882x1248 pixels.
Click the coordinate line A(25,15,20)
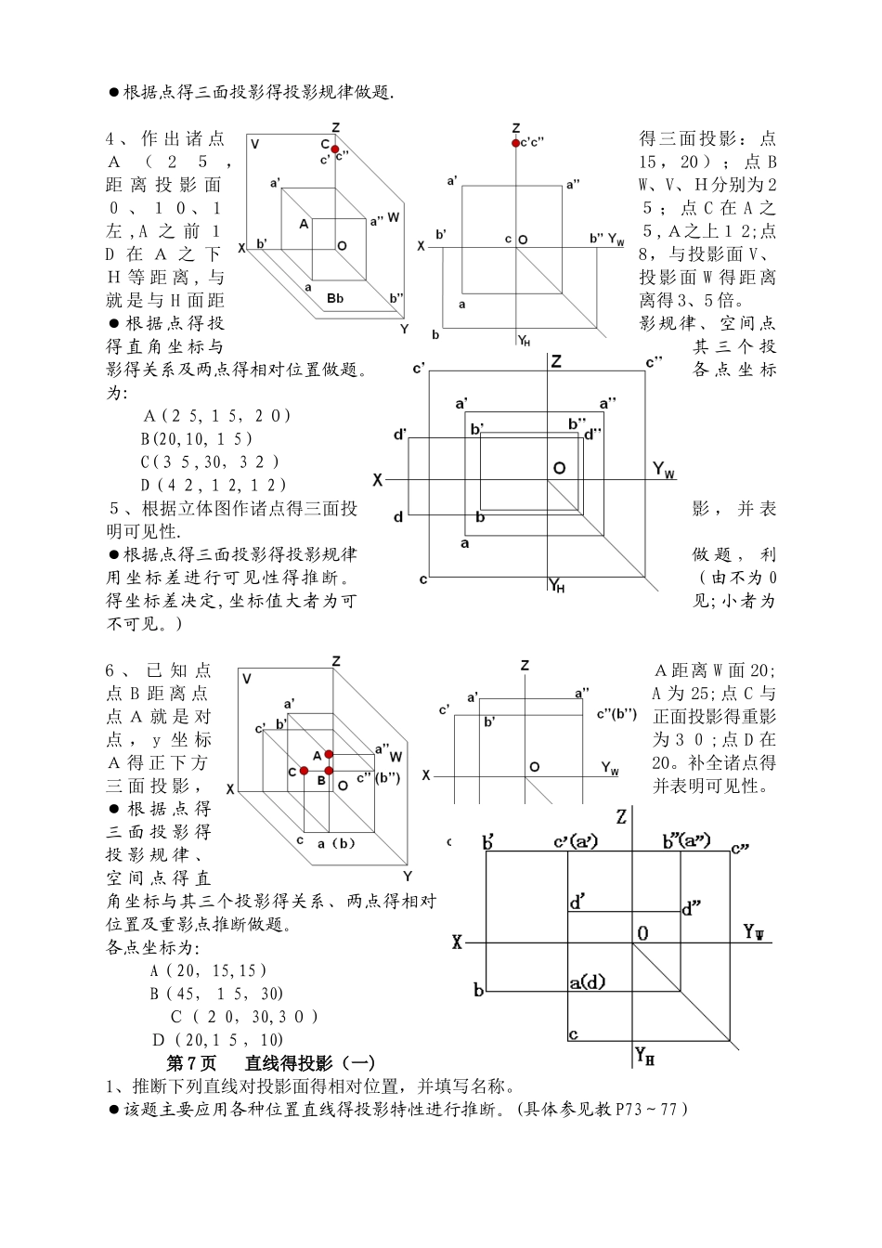(217, 416)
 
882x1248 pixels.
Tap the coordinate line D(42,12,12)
(214, 485)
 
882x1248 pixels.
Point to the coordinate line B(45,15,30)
(217, 994)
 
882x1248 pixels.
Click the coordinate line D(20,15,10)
(218, 1040)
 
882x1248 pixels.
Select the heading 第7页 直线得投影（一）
(269, 1063)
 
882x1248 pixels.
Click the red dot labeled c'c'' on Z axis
(515, 142)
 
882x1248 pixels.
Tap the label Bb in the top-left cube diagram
(335, 298)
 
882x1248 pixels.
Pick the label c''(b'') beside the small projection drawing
(616, 713)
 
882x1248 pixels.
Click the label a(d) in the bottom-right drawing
(587, 981)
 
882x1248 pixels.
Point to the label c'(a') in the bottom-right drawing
(576, 842)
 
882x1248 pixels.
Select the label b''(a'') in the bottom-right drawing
(686, 841)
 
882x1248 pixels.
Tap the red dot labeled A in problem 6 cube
(329, 755)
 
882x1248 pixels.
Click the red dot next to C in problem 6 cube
(304, 771)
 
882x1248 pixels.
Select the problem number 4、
(116, 139)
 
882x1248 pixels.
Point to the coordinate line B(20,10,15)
(197, 438)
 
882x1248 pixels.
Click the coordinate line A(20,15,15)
(209, 970)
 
